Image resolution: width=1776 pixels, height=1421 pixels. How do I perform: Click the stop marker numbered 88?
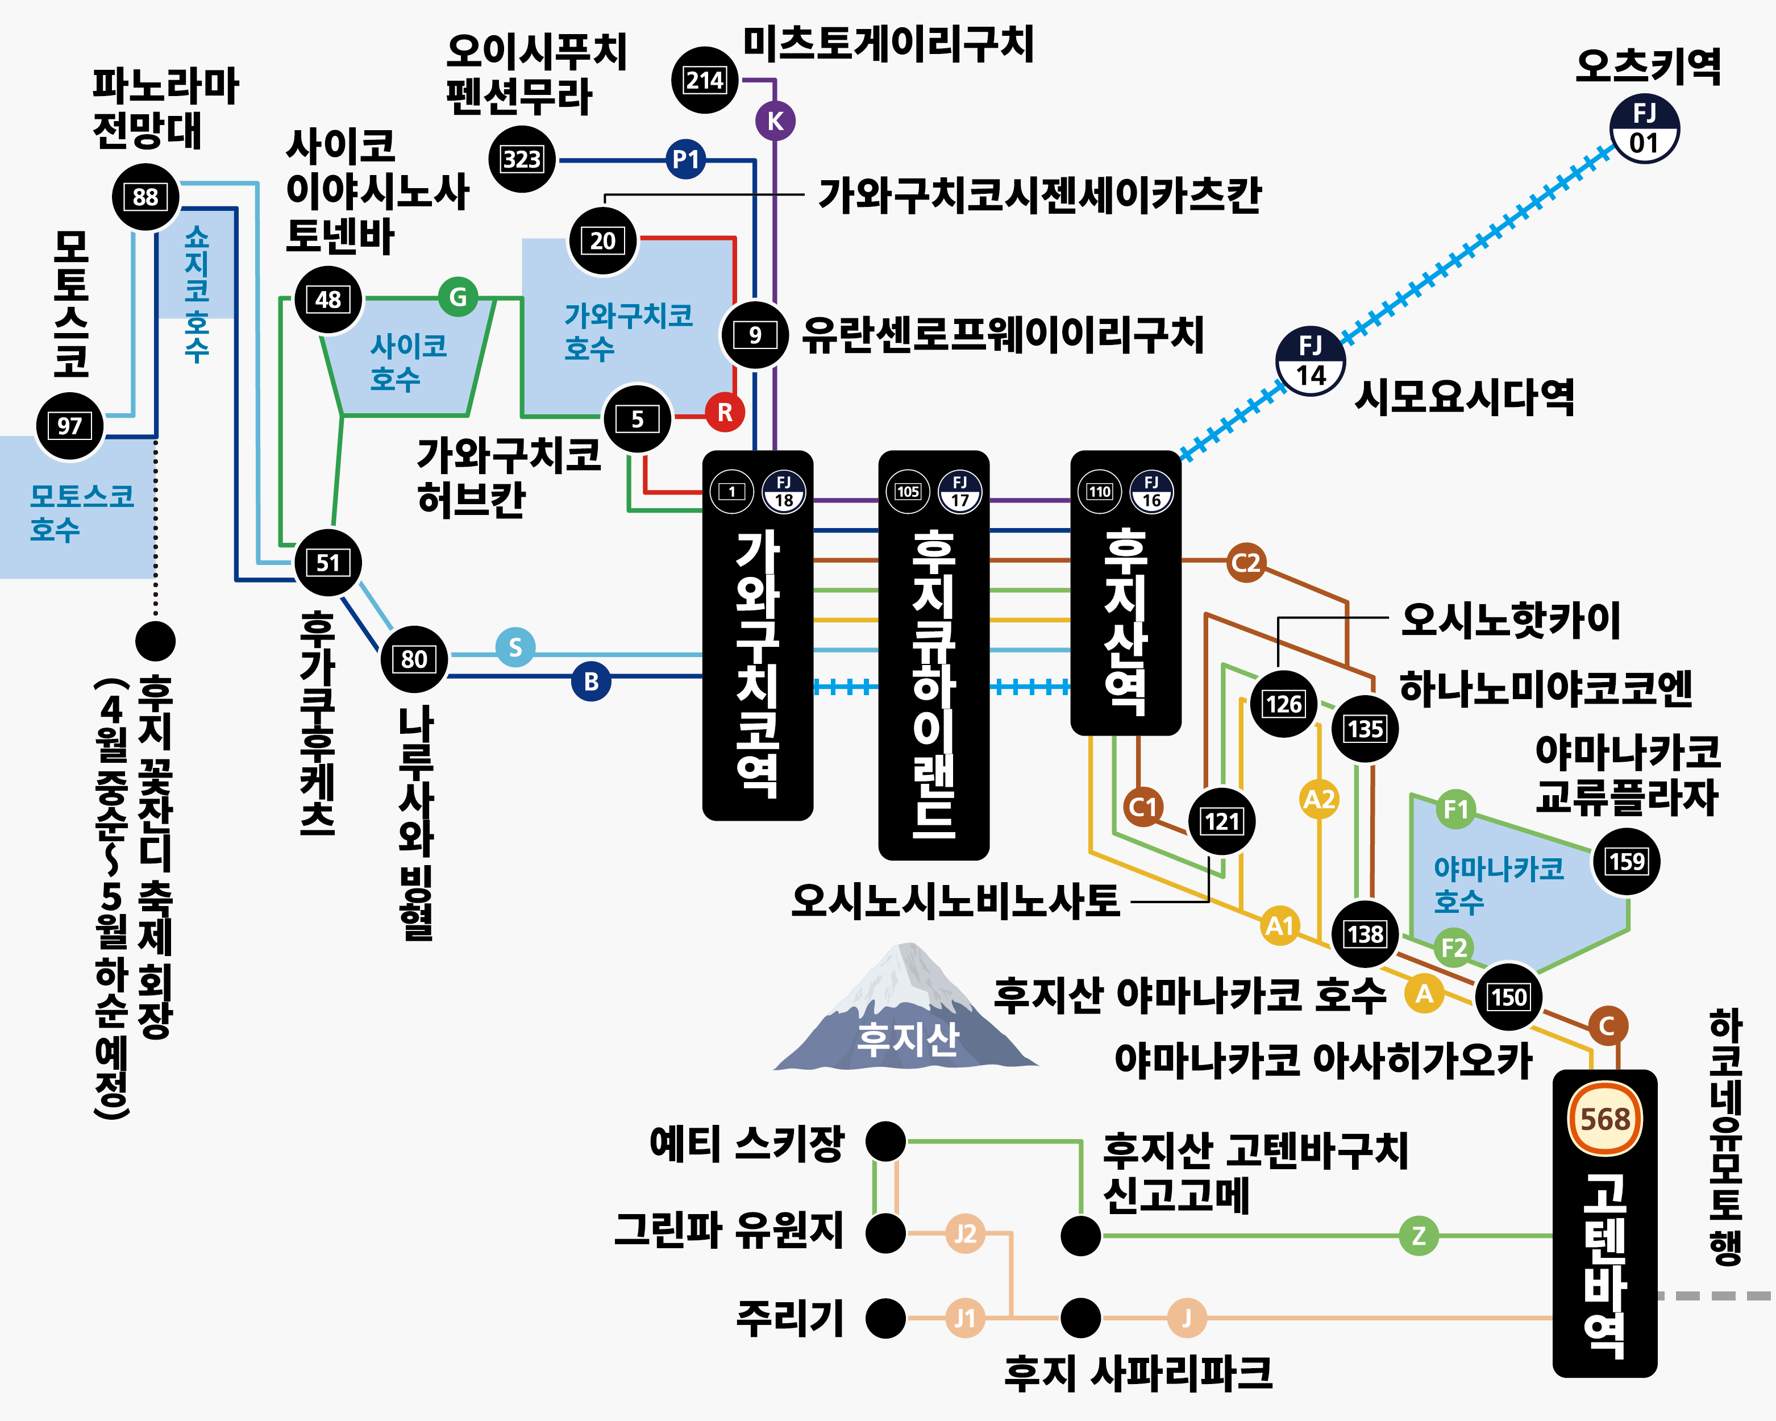[x=145, y=197]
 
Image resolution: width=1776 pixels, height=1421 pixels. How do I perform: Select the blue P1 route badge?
[x=685, y=159]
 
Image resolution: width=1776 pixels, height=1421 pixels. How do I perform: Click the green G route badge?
[x=458, y=297]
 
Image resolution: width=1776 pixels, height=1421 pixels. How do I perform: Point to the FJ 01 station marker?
[x=1644, y=130]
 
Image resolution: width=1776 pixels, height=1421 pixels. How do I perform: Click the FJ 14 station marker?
[x=1310, y=362]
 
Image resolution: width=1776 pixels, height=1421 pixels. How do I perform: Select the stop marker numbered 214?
[x=704, y=80]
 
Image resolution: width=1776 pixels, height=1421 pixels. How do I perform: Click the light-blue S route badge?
[x=515, y=647]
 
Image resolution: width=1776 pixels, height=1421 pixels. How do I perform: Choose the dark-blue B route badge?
[x=590, y=682]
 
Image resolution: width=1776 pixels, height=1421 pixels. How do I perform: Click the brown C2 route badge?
[x=1246, y=563]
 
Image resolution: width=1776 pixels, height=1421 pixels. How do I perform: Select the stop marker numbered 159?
[x=1625, y=862]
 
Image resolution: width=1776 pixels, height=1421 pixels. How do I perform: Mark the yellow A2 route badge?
[x=1319, y=799]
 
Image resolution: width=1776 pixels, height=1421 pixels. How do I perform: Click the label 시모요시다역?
[x=1465, y=397]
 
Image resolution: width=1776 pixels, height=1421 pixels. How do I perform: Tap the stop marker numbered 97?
[x=69, y=426]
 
